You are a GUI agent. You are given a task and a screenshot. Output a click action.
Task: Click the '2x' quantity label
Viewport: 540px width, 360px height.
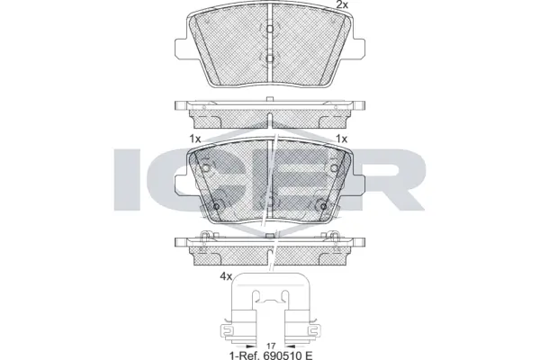pos(341,6)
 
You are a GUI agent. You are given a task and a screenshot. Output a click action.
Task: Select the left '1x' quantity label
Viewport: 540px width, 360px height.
pos(195,139)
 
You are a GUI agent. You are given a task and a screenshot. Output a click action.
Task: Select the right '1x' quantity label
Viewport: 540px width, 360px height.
pos(341,139)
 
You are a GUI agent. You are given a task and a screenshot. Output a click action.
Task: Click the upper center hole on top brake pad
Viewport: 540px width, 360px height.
pos(268,29)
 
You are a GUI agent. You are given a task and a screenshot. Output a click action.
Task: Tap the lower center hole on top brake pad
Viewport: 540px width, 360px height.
pos(268,59)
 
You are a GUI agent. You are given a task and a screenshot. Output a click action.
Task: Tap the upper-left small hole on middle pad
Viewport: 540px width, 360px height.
pos(205,168)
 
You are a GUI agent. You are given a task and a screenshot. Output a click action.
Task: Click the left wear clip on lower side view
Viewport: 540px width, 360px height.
pos(206,238)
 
